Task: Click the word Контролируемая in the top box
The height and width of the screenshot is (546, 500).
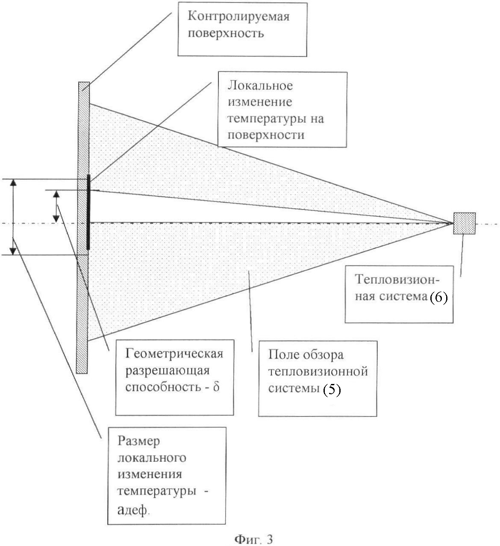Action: click(x=238, y=17)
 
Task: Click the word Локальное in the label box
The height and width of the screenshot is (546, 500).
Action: click(x=260, y=86)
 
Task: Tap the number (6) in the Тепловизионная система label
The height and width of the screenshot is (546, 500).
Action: click(x=438, y=298)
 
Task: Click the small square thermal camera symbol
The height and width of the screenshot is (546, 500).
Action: click(x=465, y=223)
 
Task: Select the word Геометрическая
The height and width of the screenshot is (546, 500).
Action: click(x=174, y=354)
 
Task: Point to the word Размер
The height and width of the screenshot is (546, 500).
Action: click(x=138, y=442)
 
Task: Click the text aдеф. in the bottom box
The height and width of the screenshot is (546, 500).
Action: click(x=133, y=510)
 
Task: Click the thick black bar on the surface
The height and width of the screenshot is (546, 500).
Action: click(x=88, y=212)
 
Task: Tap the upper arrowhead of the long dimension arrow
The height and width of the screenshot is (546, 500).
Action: click(x=13, y=183)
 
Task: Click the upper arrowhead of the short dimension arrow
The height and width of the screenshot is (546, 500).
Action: click(x=56, y=194)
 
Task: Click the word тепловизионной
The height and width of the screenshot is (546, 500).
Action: click(x=318, y=372)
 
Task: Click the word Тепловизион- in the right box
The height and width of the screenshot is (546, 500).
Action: click(x=397, y=280)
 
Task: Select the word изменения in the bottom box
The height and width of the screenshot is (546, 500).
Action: click(x=150, y=475)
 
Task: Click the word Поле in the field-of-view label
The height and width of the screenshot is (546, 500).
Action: click(x=283, y=355)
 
